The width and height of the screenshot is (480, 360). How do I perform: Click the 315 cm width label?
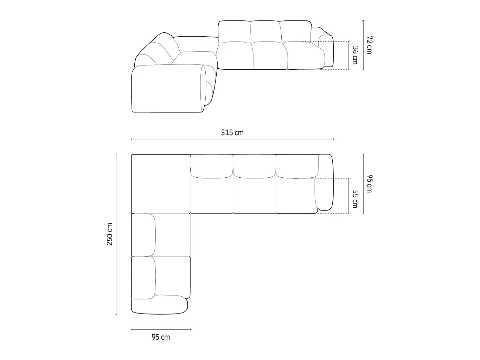[x=232, y=133]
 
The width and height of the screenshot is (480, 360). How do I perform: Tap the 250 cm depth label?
[x=109, y=234]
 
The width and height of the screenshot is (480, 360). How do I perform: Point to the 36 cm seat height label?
[x=355, y=55]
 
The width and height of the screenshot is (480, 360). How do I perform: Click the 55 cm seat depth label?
[x=355, y=199]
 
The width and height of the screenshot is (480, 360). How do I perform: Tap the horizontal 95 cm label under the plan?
[x=161, y=337]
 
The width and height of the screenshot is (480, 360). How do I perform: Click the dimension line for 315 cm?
[x=232, y=139]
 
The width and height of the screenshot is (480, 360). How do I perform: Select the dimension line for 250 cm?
[x=116, y=234]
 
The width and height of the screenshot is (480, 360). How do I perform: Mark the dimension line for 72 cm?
[x=363, y=45]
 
